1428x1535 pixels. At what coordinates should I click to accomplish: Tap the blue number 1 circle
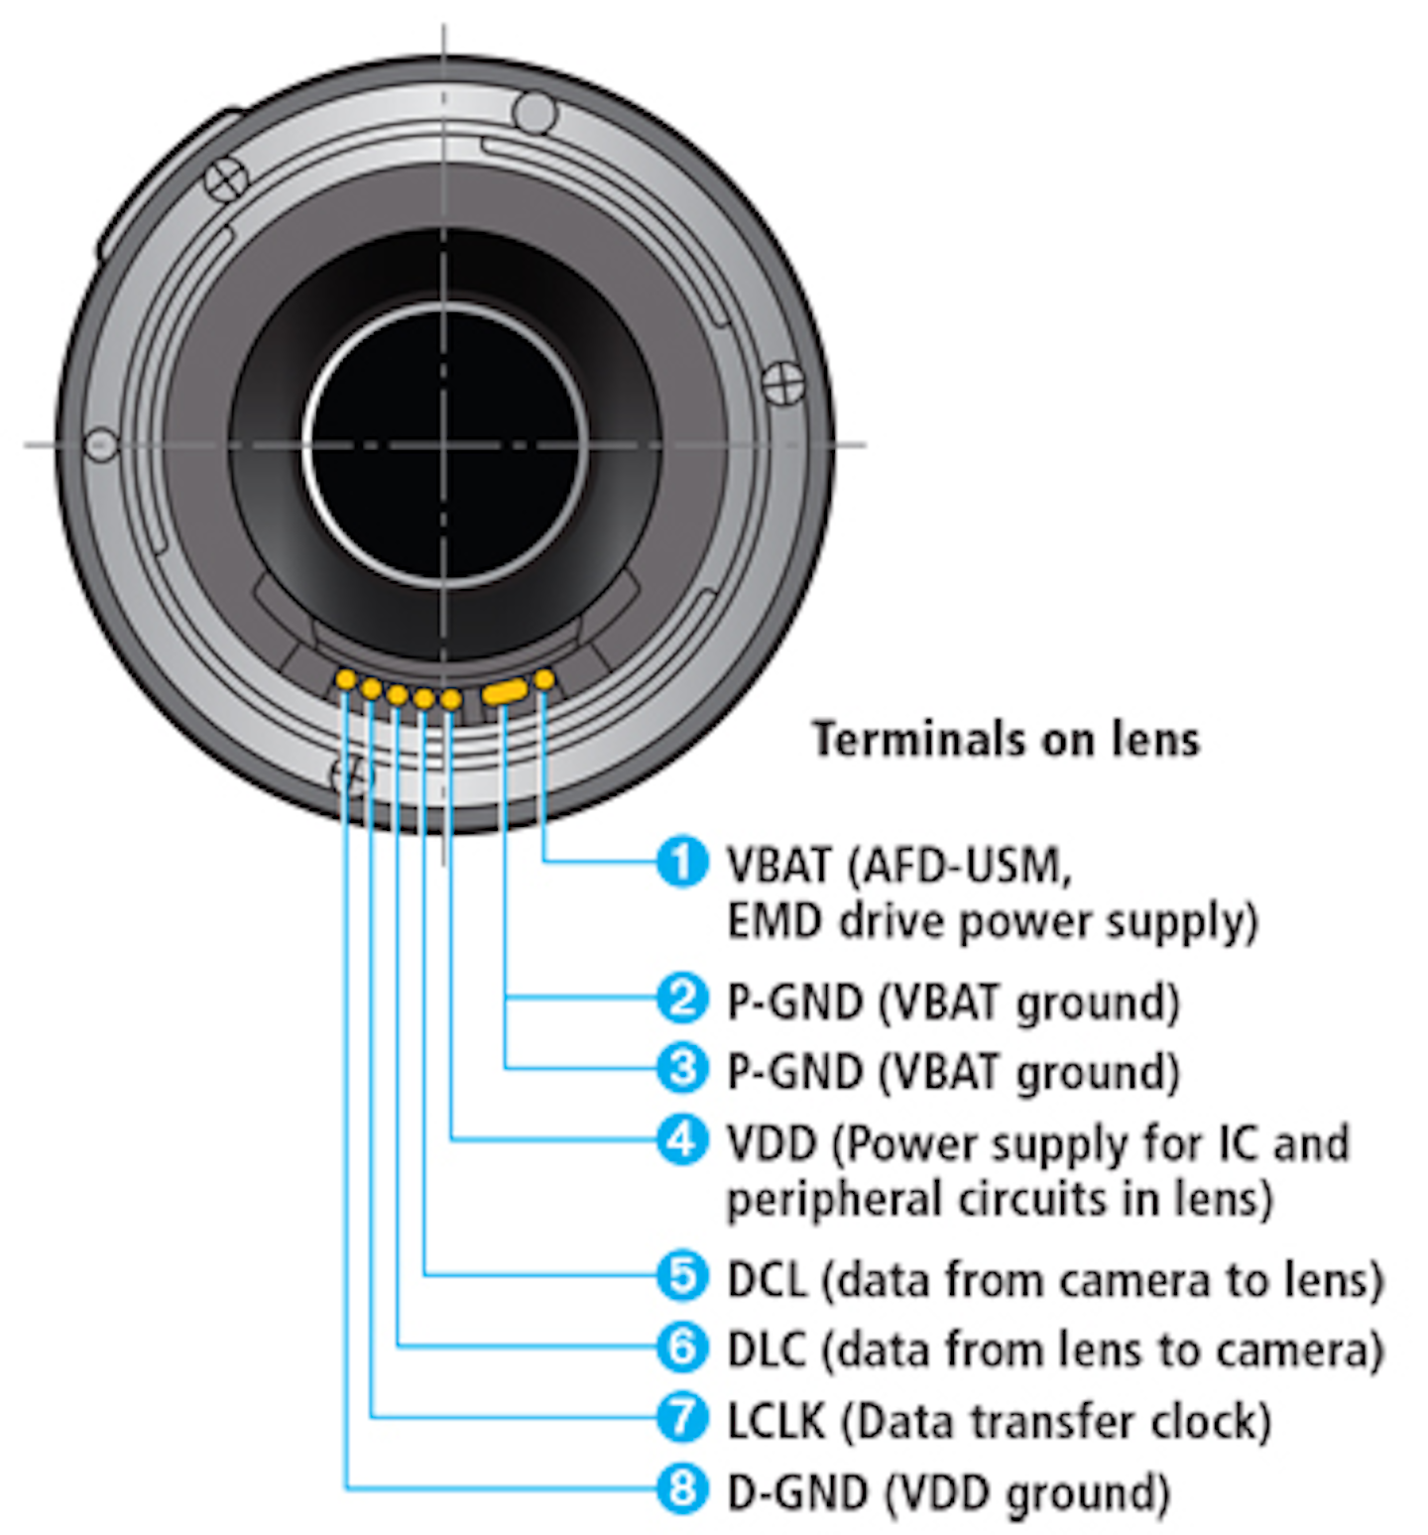pos(682,861)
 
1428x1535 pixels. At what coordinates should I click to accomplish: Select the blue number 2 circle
pos(682,999)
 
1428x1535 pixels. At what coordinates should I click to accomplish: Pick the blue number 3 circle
pos(682,1068)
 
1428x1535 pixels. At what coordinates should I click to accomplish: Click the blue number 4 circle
pos(682,1139)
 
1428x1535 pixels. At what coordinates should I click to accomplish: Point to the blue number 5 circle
pos(682,1275)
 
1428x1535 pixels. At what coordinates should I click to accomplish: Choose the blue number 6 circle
pos(682,1346)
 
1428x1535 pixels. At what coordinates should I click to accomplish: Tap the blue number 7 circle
pos(682,1417)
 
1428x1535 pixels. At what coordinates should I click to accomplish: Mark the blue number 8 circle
pos(682,1488)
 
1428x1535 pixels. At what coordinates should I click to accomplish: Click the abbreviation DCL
pos(767,1279)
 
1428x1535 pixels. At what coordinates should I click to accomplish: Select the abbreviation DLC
pos(767,1350)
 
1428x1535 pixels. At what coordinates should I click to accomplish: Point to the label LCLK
pos(775,1421)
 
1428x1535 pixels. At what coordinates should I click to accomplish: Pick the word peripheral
pos(835,1200)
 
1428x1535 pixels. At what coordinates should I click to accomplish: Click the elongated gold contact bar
pos(505,691)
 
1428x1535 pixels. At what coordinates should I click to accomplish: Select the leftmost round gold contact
pos(346,679)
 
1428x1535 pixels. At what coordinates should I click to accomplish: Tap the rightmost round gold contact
pos(543,679)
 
